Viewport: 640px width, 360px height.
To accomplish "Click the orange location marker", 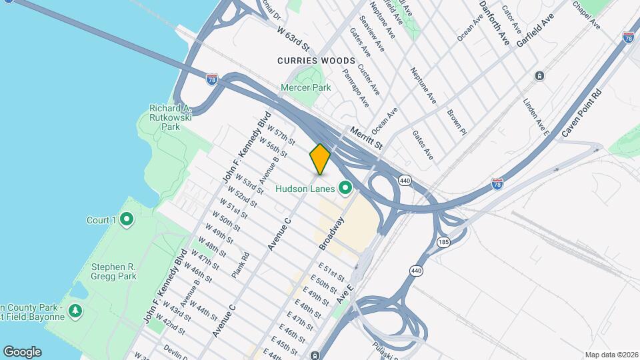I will [x=320, y=159].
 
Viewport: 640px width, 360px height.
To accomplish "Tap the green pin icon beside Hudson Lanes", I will [x=345, y=189].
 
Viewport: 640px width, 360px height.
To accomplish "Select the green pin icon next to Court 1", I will [x=127, y=219].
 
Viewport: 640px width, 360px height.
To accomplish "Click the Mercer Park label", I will [x=306, y=87].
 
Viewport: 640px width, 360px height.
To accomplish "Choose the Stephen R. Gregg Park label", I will [x=113, y=271].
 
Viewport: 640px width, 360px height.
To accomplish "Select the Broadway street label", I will [x=331, y=233].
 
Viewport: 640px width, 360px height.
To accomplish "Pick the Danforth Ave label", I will [x=495, y=22].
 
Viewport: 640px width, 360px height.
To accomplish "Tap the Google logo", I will [x=21, y=352].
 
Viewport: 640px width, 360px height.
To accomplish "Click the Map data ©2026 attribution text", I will [x=611, y=355].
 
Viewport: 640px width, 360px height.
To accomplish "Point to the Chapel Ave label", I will [x=587, y=15].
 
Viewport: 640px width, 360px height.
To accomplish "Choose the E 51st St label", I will [x=331, y=272].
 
